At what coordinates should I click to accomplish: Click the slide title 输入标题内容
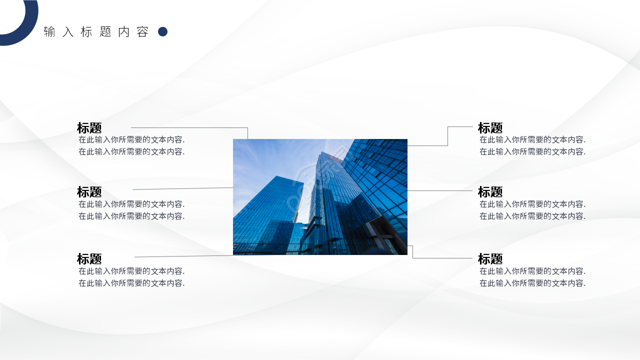click(96, 32)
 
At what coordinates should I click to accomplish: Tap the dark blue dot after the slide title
click(162, 32)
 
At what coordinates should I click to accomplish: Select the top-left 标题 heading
click(89, 128)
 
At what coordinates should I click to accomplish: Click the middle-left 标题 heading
click(89, 192)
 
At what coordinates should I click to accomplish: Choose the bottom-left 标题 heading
click(89, 259)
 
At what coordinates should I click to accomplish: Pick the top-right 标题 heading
click(490, 128)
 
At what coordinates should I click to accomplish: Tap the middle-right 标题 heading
click(490, 192)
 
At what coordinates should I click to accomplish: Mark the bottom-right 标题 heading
click(490, 259)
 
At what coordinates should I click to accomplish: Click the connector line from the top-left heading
click(190, 127)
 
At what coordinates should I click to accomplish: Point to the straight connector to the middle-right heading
click(440, 190)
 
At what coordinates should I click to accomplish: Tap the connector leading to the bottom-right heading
click(442, 258)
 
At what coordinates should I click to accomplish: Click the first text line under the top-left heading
click(131, 140)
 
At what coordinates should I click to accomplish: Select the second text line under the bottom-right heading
click(532, 283)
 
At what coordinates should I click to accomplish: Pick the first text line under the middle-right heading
click(532, 204)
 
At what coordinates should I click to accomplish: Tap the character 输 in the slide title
click(49, 32)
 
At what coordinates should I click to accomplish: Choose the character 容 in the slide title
click(142, 32)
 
